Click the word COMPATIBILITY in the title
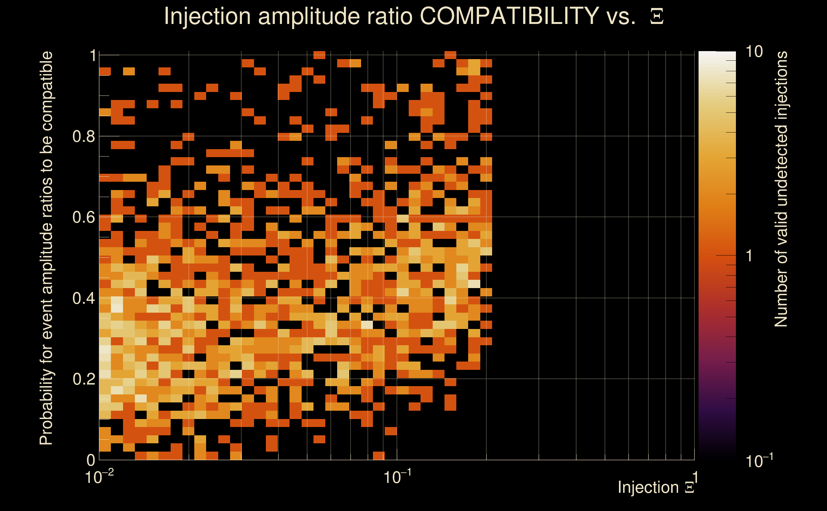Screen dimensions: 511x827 click(509, 16)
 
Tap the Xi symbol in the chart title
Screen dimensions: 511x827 click(657, 17)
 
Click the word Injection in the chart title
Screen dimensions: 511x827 click(207, 17)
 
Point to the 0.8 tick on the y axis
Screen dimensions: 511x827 click(84, 137)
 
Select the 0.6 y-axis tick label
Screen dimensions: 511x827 click(84, 217)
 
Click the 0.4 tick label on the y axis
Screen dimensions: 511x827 click(84, 298)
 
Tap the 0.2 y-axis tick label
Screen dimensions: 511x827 click(84, 379)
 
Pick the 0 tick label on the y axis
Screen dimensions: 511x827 click(91, 460)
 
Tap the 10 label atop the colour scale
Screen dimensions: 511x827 click(754, 52)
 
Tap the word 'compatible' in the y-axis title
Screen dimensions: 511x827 click(46, 91)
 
